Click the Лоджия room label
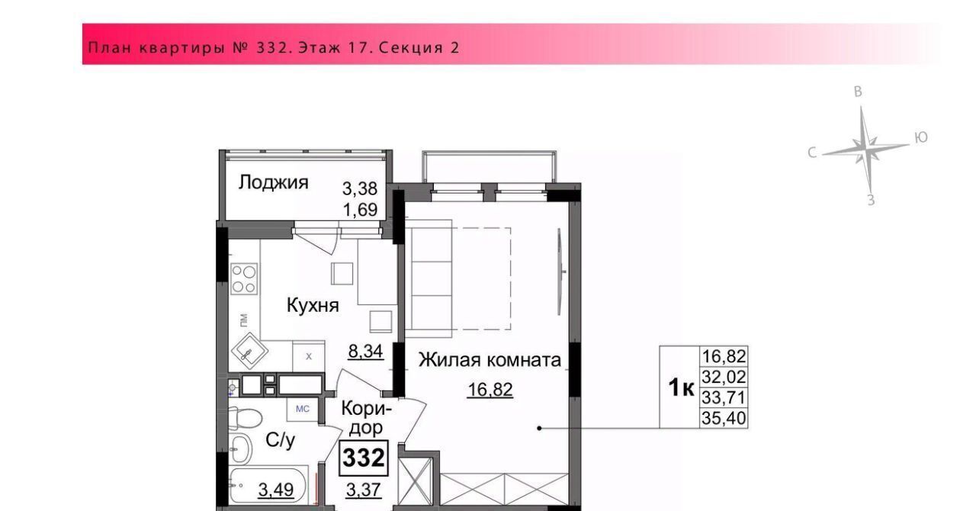tap(273, 183)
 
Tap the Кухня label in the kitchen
tap(313, 305)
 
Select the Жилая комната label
tap(490, 360)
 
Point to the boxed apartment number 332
tap(364, 458)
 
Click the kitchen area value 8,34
tap(365, 351)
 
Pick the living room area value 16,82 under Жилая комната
tap(490, 390)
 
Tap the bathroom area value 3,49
tap(276, 490)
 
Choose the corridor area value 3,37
tap(364, 490)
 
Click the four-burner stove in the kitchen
tap(244, 279)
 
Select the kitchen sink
tap(249, 352)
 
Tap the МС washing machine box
tap(303, 409)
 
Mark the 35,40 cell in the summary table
tap(724, 419)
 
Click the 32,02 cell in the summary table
tap(724, 377)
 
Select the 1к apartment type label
tap(681, 387)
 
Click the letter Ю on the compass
tap(920, 138)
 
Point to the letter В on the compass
tap(858, 92)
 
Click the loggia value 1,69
tap(361, 211)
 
